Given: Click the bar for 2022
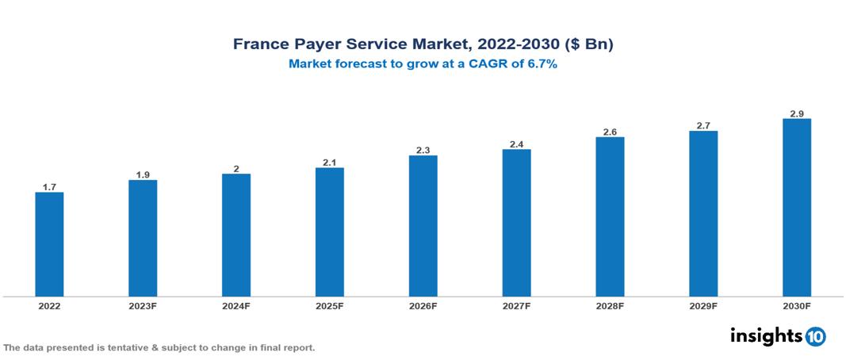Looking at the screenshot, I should tap(49, 244).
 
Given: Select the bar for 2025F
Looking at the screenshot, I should tap(329, 232).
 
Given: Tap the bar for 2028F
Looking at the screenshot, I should tap(610, 216).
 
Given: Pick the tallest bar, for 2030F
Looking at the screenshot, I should tap(797, 208).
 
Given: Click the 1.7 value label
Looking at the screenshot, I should tap(49, 187).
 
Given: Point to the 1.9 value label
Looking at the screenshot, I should tap(143, 174).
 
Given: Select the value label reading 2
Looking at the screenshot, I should tap(236, 169).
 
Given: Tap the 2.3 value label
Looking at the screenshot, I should tap(423, 150).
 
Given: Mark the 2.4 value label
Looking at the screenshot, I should tap(516, 144).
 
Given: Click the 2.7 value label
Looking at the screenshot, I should tap(703, 125).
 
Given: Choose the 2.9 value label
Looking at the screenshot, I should tap(797, 113).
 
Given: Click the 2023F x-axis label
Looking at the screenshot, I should tap(143, 305).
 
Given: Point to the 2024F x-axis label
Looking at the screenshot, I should tap(236, 305).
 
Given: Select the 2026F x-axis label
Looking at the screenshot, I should tap(423, 305).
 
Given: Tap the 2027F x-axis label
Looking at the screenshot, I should tap(516, 305).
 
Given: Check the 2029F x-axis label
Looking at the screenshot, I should tap(703, 305).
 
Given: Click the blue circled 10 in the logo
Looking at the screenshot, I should tap(815, 336).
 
